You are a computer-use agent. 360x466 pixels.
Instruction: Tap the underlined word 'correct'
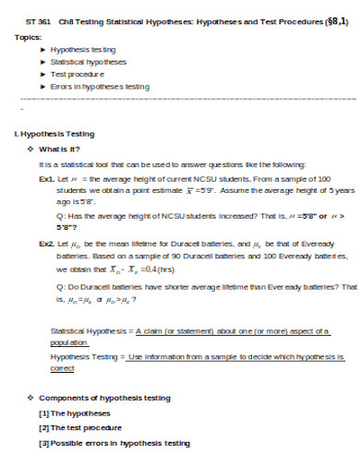[62, 367]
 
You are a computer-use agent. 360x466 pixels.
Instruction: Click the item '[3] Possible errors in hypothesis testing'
[115, 444]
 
